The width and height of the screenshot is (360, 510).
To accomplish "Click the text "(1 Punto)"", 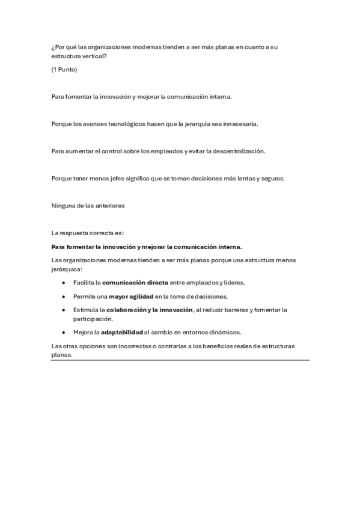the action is (x=64, y=70).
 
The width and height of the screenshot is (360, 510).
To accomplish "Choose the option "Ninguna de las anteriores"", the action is (x=88, y=205).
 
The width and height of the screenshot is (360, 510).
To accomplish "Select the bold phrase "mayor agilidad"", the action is (x=131, y=296).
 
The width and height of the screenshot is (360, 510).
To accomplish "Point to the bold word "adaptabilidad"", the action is (x=121, y=332).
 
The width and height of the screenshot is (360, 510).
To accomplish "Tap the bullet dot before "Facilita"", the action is (x=64, y=282).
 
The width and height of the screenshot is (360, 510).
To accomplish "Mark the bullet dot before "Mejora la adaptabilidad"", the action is (x=64, y=332).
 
